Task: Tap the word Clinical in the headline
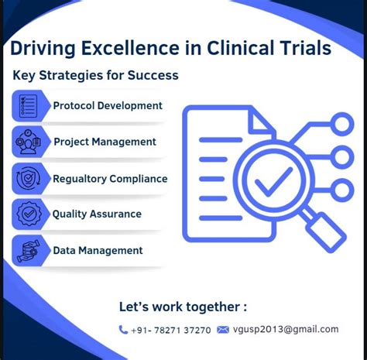[x=240, y=49]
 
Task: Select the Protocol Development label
[x=108, y=105]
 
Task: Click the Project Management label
[x=105, y=142]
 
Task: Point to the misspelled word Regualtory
[x=79, y=179]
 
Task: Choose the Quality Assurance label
[x=97, y=214]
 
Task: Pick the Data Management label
[x=98, y=250]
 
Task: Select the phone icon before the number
[x=124, y=330]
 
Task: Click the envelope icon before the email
[x=223, y=330]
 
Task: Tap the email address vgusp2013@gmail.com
[x=286, y=329]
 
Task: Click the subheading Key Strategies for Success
[x=95, y=76]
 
